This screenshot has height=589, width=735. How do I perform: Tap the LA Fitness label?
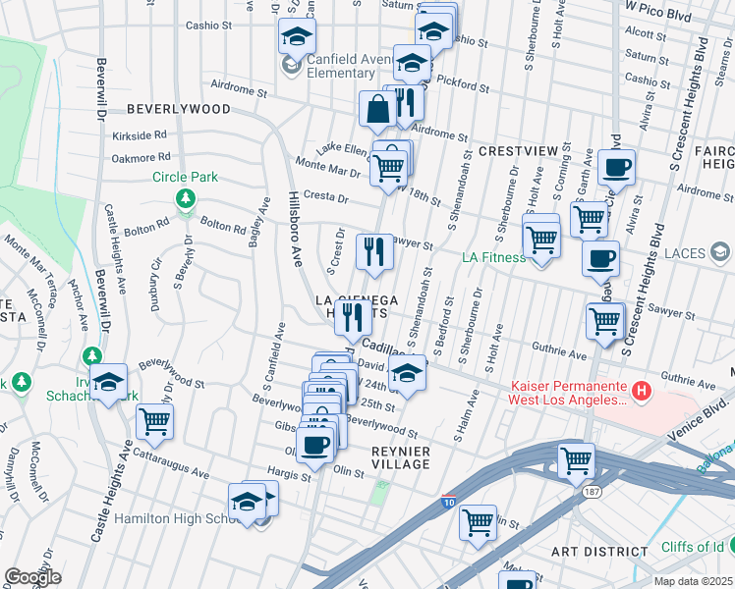(x=494, y=258)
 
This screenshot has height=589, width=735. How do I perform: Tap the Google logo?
(x=32, y=577)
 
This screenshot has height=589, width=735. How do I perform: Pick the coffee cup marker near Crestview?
(x=616, y=167)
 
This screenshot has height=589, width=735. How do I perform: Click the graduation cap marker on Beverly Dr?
(x=109, y=382)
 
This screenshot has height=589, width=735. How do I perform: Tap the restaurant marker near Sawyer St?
(x=374, y=251)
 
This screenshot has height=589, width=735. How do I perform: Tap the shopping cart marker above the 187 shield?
(x=576, y=460)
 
